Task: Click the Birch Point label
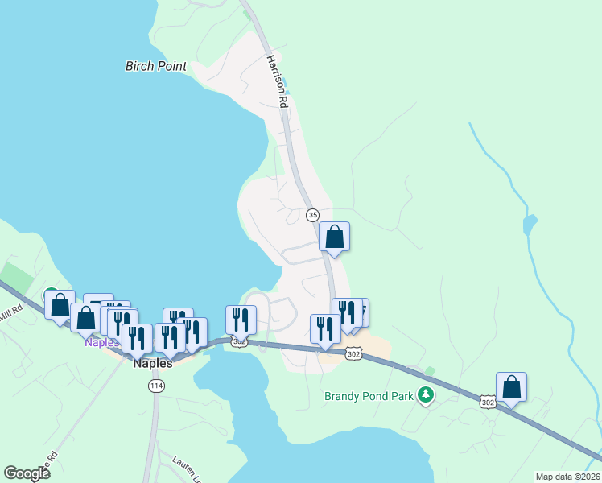pos(156,66)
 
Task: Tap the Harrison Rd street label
pos(277,81)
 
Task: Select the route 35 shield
pos(313,214)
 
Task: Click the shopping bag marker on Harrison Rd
pos(334,237)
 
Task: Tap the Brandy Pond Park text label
pos(369,395)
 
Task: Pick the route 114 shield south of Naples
pos(155,386)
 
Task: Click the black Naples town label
pos(152,363)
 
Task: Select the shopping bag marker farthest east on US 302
pos(511,387)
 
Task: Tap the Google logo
pos(27,473)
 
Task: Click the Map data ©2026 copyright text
pos(567,477)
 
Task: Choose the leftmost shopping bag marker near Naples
pos(60,305)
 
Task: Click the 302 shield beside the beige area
pos(354,353)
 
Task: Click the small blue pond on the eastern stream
pos(529,223)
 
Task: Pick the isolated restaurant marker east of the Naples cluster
pos(241,320)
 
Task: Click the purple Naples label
pos(101,342)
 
